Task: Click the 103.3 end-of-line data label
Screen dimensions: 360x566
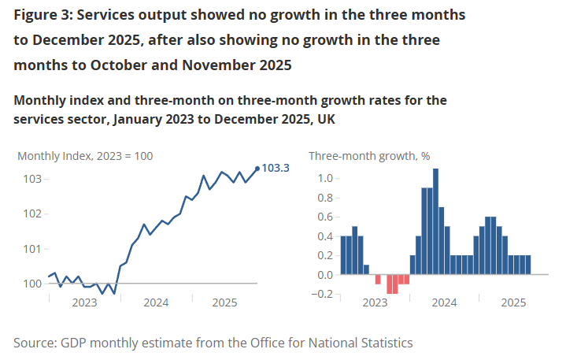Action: (x=275, y=168)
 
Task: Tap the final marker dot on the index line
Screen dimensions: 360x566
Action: (x=257, y=168)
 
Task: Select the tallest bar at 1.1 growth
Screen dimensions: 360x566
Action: (x=435, y=221)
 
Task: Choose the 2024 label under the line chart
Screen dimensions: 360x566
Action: (x=156, y=302)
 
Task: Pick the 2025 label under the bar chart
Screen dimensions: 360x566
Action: (x=514, y=302)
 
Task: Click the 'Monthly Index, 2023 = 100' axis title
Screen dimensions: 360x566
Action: (x=85, y=156)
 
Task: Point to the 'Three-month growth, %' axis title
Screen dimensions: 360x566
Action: (x=369, y=156)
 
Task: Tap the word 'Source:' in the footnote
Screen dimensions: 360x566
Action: (x=37, y=343)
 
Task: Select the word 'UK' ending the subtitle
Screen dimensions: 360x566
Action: (x=325, y=119)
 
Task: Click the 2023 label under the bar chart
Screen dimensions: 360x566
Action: (x=375, y=302)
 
